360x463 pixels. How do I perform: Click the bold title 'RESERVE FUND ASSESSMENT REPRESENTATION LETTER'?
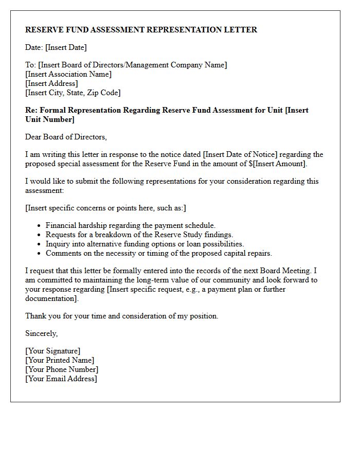(141, 30)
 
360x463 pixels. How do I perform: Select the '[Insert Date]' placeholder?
(66, 47)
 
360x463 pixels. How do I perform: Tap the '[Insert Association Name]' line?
(68, 74)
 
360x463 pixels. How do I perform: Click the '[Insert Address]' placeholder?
(51, 83)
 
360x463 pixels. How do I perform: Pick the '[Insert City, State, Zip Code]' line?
(73, 93)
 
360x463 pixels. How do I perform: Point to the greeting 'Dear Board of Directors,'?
(66, 137)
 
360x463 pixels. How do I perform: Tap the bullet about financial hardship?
(131, 225)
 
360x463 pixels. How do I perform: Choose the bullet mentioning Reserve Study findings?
(139, 235)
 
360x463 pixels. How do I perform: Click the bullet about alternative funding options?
(145, 244)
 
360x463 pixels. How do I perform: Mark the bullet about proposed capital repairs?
(158, 253)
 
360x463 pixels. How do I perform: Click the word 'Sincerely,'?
(41, 333)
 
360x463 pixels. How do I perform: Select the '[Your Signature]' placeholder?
(52, 351)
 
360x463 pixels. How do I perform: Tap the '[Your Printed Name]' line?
(60, 360)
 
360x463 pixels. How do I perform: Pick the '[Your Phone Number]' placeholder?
(62, 369)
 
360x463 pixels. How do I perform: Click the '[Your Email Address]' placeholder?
(61, 379)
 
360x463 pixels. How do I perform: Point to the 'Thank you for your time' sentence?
(122, 316)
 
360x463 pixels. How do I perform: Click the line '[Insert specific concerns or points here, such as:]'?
(106, 208)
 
